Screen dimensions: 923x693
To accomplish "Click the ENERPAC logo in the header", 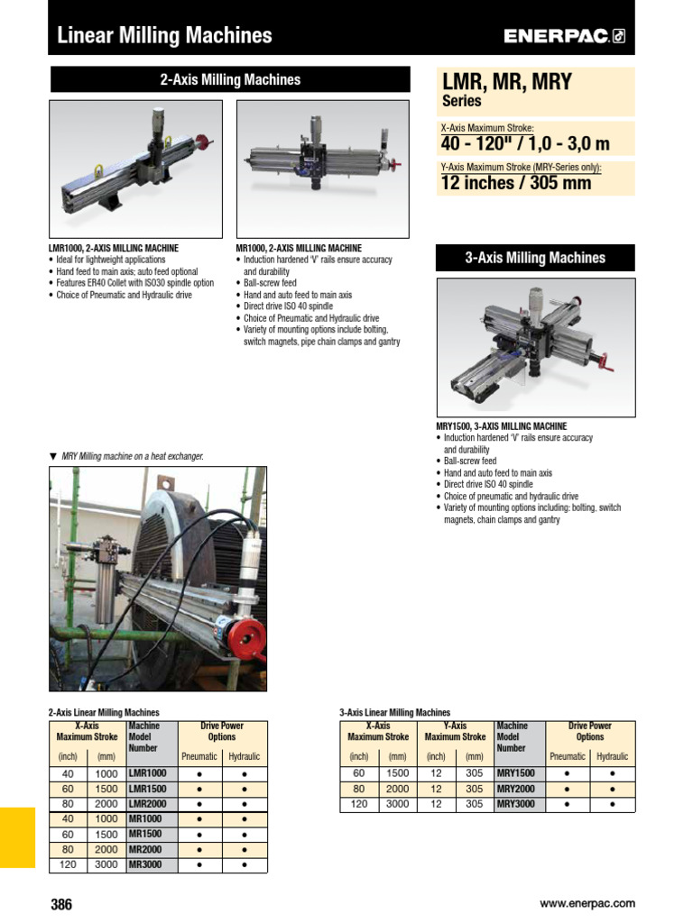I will coord(564,36).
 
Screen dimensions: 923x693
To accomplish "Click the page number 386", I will coord(61,904).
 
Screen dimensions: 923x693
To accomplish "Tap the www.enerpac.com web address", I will coord(587,903).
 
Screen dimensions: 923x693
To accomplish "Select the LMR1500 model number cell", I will coord(148,789).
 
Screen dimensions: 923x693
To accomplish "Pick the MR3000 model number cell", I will coord(145,864).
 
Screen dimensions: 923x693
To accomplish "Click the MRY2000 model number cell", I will coord(515,789).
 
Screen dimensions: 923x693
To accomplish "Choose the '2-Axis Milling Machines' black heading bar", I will coord(230,79).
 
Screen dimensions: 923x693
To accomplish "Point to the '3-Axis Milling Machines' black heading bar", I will coord(535,258).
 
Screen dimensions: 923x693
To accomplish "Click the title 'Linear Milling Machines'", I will coord(164,36).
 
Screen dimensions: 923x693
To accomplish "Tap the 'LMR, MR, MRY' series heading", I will coord(506,83).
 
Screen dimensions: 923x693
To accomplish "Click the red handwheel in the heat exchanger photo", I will coord(245,638).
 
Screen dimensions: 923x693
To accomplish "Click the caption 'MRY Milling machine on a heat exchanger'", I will coord(132,456).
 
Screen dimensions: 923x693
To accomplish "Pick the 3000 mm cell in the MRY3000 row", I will coord(397,804).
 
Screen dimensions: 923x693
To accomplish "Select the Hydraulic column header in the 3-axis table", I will coord(613,756).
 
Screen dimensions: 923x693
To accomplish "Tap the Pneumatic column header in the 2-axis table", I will coord(199,756).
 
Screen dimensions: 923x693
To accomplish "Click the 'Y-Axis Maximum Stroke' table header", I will coord(456,731).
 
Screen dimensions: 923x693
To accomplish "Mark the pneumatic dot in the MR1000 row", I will coord(199,818).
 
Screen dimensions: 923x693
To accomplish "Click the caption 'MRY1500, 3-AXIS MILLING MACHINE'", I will coord(502,425).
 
